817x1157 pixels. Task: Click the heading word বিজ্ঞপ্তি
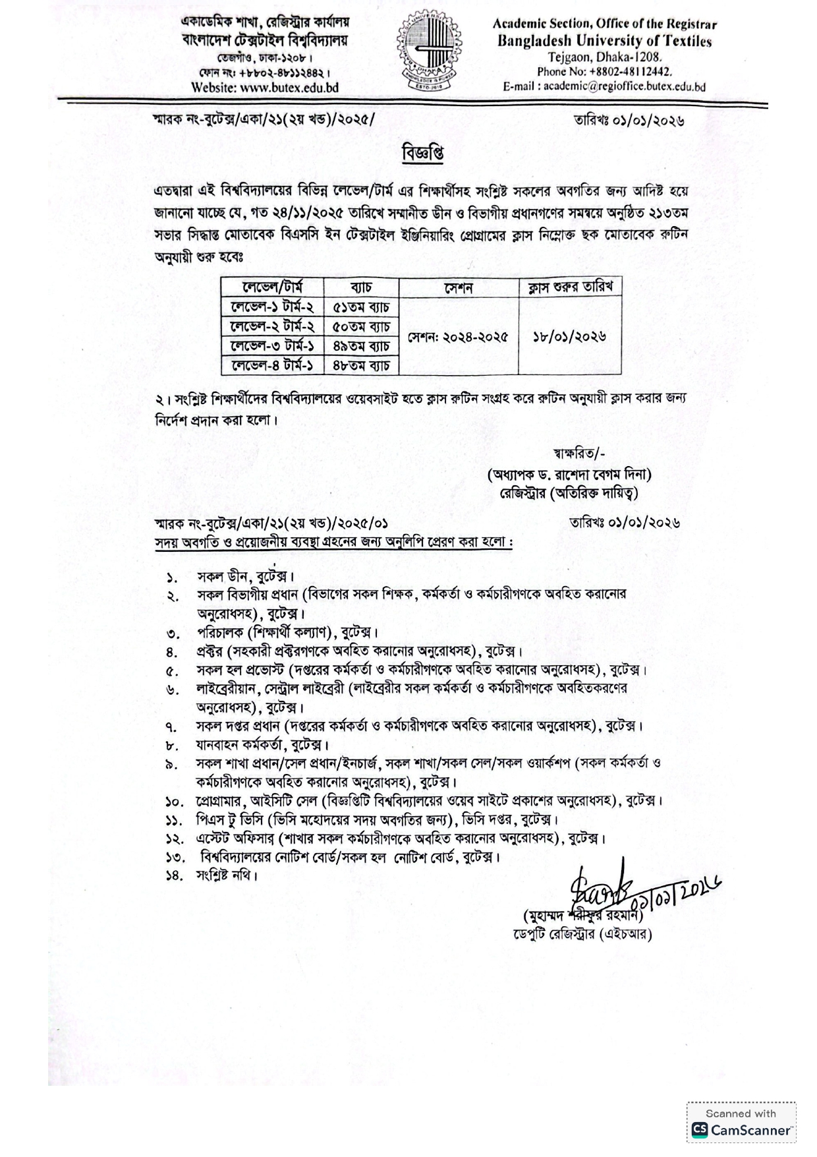click(x=422, y=153)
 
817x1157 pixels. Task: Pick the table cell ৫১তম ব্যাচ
click(x=361, y=307)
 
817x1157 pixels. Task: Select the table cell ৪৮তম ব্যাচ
click(x=361, y=365)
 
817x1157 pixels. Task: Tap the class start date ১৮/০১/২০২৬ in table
click(x=569, y=336)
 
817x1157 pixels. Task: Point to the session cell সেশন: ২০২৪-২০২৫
click(x=458, y=336)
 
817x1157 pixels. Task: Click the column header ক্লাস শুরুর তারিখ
click(x=569, y=287)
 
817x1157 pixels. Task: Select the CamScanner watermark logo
click(x=741, y=1129)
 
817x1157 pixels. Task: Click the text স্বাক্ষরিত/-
click(x=579, y=453)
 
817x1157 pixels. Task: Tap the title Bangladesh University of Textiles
click(x=604, y=41)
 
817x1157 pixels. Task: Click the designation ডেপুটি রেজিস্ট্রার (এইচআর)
click(x=582, y=934)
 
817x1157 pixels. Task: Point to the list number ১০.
click(x=174, y=802)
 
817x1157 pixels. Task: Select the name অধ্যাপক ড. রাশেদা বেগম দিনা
click(x=569, y=474)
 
